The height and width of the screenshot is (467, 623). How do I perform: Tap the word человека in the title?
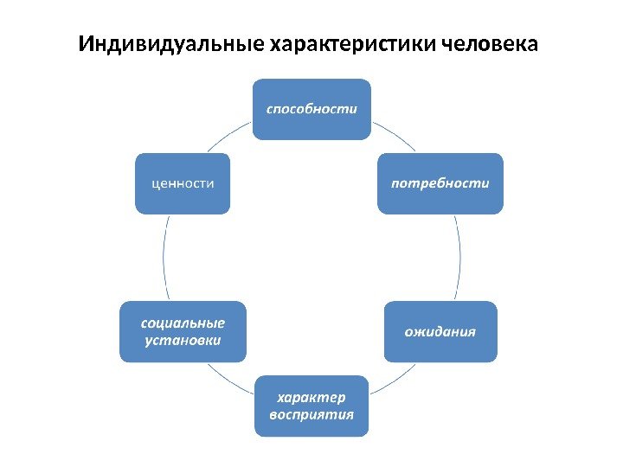489,43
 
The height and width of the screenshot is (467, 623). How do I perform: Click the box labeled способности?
311,109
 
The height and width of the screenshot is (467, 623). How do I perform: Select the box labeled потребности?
440,183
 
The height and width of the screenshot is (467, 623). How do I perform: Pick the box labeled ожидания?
441,331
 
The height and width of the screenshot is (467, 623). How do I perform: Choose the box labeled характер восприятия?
311,406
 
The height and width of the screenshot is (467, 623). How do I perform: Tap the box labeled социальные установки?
183,331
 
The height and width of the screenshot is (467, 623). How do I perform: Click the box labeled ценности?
183,183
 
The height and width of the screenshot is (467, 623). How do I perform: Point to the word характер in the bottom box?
311,398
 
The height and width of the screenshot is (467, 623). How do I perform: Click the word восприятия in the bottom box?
311,414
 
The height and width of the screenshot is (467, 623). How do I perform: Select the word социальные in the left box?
183,323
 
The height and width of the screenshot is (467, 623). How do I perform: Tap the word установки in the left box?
183,340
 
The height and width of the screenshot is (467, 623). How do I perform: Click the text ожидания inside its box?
441,332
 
